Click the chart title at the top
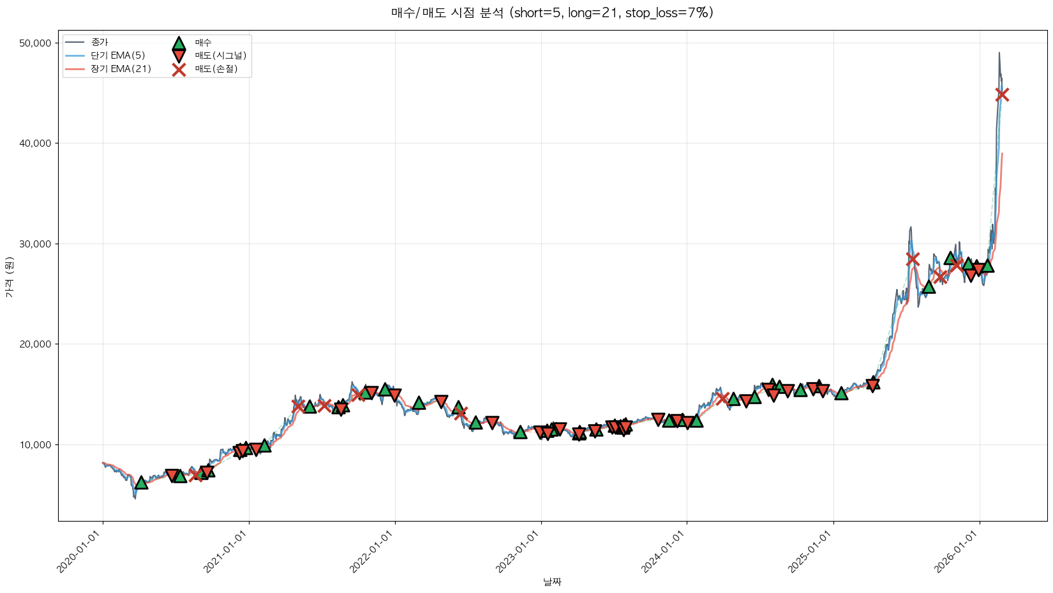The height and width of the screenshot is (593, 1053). [x=552, y=13]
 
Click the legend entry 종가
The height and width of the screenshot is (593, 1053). [x=100, y=42]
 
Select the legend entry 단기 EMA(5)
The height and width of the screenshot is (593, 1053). [x=118, y=55]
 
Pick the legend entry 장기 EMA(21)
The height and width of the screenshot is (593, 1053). [x=121, y=69]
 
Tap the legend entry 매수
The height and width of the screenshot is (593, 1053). [x=203, y=43]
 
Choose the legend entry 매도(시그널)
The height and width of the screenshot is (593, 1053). [x=220, y=55]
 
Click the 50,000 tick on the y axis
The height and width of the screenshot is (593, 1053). [x=37, y=43]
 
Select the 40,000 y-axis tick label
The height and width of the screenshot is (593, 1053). [x=37, y=143]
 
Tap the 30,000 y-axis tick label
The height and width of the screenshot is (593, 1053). [x=37, y=244]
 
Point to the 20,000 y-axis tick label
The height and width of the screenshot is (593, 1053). [x=37, y=344]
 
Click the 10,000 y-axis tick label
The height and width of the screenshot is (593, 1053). [x=37, y=445]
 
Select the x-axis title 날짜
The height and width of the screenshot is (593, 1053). [x=552, y=582]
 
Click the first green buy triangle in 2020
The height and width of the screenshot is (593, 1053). [x=141, y=483]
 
